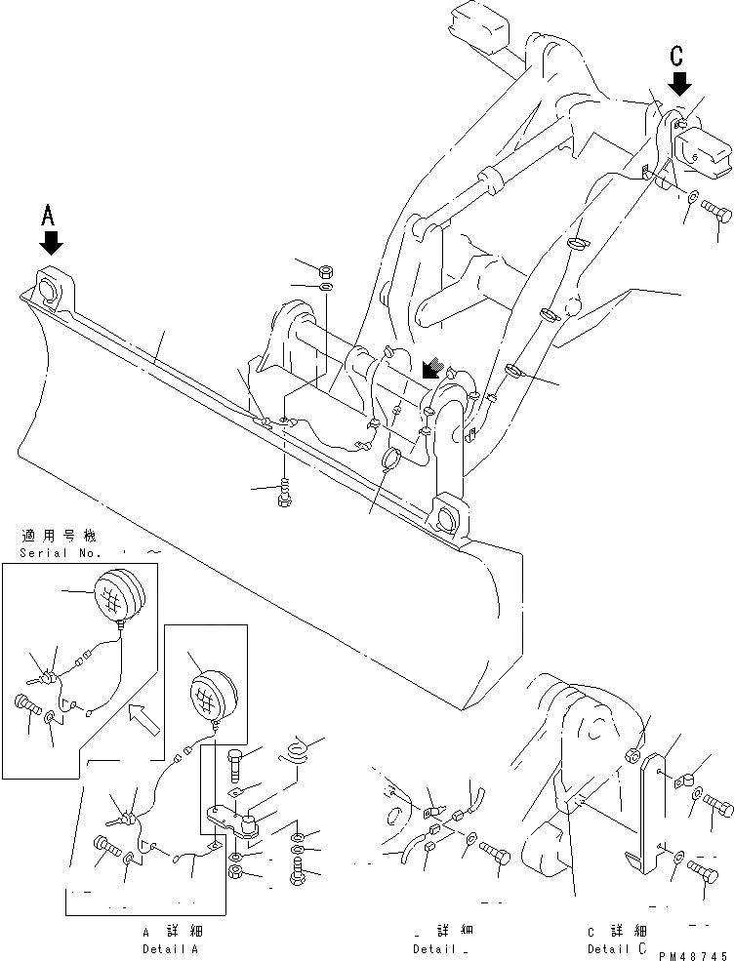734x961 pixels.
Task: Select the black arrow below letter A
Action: point(51,242)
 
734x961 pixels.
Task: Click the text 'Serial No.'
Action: point(58,553)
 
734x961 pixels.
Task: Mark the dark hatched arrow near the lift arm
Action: point(429,369)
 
